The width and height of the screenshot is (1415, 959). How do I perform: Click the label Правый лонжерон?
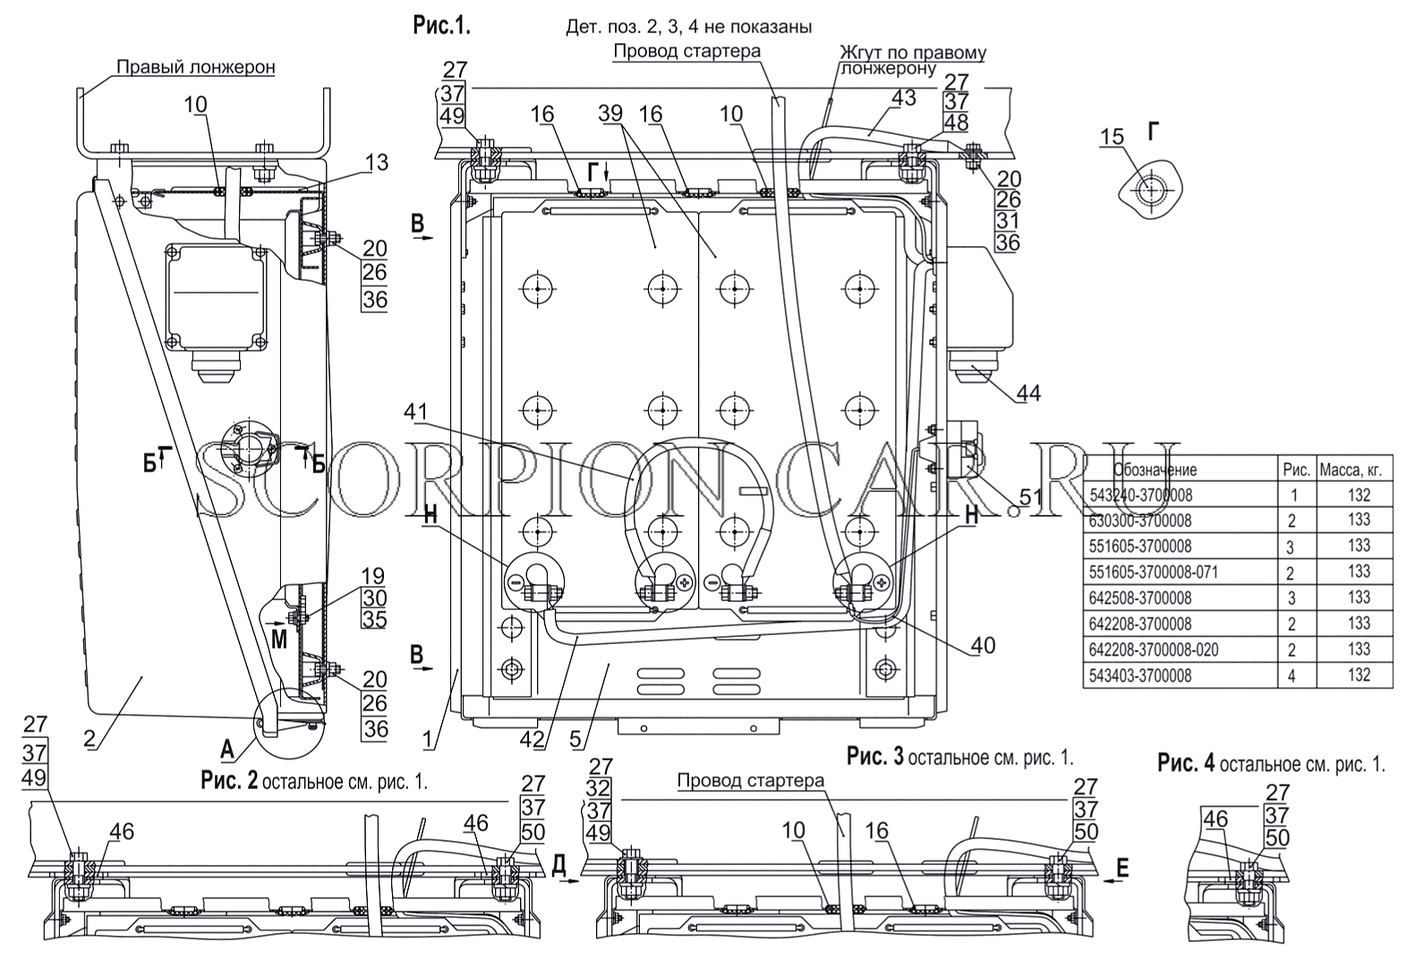pyautogui.click(x=196, y=67)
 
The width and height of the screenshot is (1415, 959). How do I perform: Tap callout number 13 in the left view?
pyautogui.click(x=377, y=162)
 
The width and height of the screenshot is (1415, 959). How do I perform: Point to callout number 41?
pyautogui.click(x=416, y=412)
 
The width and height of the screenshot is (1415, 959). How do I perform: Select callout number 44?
pyautogui.click(x=1028, y=394)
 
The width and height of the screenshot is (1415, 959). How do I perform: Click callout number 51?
pyautogui.click(x=1029, y=497)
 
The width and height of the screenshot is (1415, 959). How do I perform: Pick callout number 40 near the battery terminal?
pyautogui.click(x=983, y=645)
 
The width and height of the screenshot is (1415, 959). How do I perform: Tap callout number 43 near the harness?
pyautogui.click(x=903, y=98)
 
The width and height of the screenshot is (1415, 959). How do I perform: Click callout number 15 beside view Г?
pyautogui.click(x=1112, y=137)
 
